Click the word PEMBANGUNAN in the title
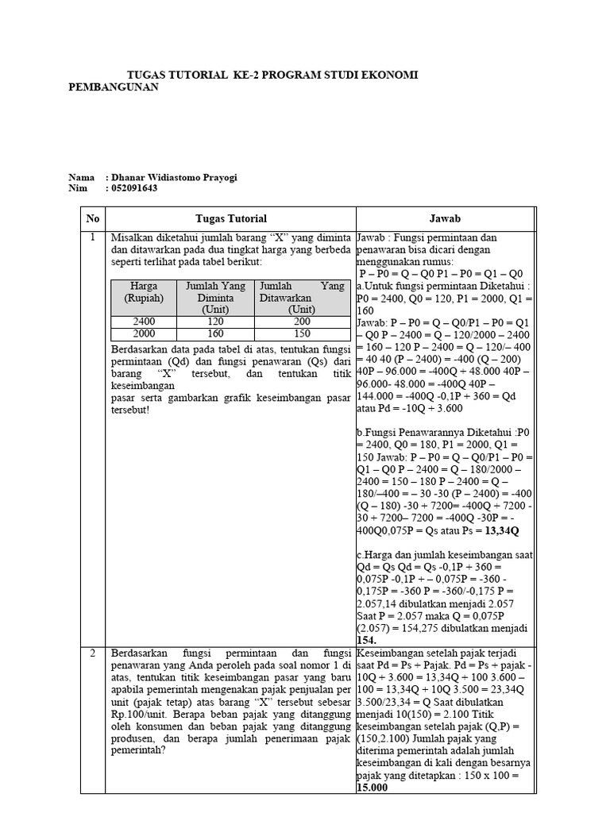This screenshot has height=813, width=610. pyautogui.click(x=114, y=87)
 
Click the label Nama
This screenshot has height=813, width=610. pyautogui.click(x=81, y=177)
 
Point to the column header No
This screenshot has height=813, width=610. pyautogui.click(x=93, y=218)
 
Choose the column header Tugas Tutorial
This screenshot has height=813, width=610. pyautogui.click(x=230, y=218)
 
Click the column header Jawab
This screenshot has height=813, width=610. pyautogui.click(x=445, y=218)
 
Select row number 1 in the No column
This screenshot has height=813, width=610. pyautogui.click(x=93, y=237)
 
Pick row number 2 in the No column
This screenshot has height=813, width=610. pyautogui.click(x=93, y=653)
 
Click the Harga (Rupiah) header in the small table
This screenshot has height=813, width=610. pyautogui.click(x=144, y=291)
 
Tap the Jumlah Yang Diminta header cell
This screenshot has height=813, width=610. pyautogui.click(x=215, y=297)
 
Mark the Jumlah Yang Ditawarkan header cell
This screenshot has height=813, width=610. pyautogui.click(x=302, y=297)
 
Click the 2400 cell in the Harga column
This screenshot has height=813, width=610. pyautogui.click(x=145, y=322)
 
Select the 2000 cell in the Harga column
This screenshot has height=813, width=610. pyautogui.click(x=145, y=334)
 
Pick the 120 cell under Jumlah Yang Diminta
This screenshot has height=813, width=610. pyautogui.click(x=215, y=322)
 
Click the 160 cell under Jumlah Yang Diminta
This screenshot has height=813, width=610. pyautogui.click(x=215, y=334)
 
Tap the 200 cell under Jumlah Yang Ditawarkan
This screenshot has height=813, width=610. pyautogui.click(x=302, y=322)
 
